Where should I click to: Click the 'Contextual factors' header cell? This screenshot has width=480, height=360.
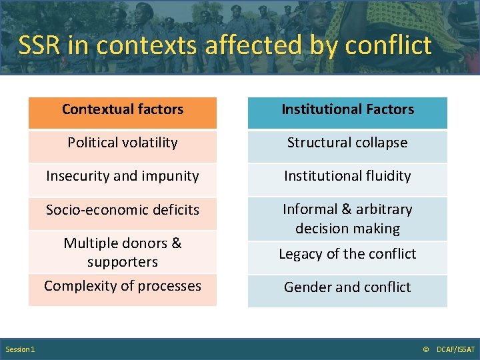tap(123, 109)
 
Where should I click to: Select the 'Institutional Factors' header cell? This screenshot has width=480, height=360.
tap(347, 109)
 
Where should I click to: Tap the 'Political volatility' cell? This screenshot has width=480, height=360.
tap(123, 143)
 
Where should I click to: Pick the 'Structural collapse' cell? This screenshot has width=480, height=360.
tap(347, 143)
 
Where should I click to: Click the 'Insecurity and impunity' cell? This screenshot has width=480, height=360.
tap(123, 176)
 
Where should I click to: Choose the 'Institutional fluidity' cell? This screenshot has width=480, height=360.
tap(347, 176)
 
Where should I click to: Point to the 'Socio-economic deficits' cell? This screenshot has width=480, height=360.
tap(123, 209)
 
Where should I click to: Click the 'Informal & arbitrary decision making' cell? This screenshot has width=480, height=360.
tap(347, 219)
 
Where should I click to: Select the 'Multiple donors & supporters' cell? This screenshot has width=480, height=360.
tap(123, 252)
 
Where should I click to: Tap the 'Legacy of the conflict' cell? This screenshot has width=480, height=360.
tap(347, 254)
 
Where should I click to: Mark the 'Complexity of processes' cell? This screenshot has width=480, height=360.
tap(123, 286)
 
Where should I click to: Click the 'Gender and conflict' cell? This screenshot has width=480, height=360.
tap(347, 287)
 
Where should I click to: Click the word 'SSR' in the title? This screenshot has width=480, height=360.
tap(40, 45)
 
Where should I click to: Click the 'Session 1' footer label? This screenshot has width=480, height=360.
tap(21, 349)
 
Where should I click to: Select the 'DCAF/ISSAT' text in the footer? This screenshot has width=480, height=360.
tap(456, 349)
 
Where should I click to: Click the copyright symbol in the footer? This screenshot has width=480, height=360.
tap(426, 349)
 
